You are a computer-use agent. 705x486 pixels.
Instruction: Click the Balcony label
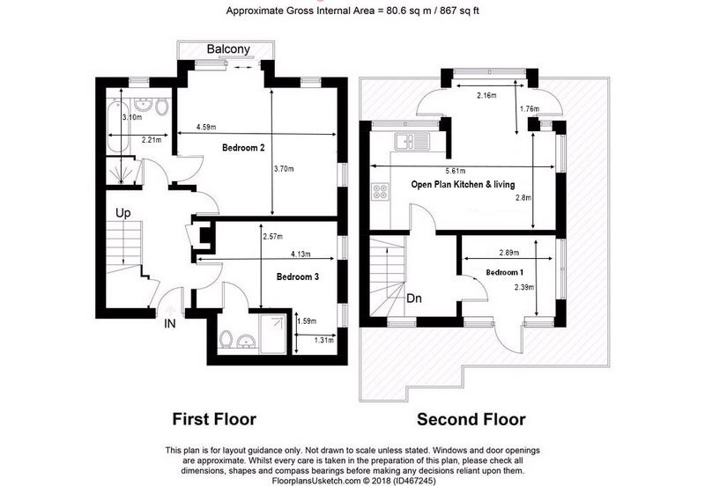tap(228, 50)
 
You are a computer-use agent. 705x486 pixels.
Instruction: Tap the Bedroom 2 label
tap(244, 149)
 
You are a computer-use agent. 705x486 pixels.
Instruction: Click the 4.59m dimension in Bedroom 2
tap(207, 129)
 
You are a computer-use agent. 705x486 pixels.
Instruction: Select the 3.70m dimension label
tap(284, 168)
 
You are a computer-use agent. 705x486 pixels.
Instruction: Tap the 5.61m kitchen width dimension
tap(454, 172)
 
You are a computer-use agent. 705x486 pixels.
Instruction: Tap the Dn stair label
tap(414, 298)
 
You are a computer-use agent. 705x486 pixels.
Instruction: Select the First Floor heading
tap(213, 419)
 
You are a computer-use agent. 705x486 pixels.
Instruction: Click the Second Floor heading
tap(471, 419)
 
